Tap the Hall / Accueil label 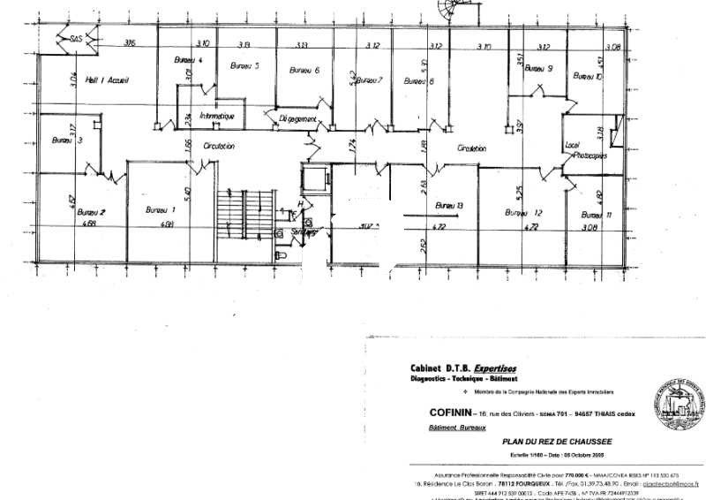coord(108,81)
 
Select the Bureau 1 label coord(161,210)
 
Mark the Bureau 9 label coord(537,68)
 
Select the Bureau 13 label coord(449,206)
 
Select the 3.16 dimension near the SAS coord(130,42)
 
